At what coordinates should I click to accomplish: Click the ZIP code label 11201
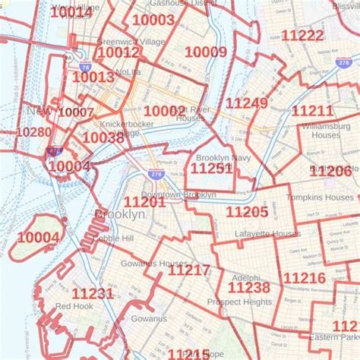[144, 201]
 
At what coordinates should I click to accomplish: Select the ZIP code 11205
[247, 212]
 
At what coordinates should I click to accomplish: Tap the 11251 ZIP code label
[211, 169]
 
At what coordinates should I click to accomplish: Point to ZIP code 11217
[189, 270]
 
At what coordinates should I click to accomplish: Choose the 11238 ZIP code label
[248, 287]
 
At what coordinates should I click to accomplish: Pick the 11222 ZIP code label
[302, 35]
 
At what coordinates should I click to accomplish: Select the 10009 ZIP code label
[206, 52]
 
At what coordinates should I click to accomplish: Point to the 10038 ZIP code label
[103, 137]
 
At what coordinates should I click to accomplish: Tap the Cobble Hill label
[114, 238]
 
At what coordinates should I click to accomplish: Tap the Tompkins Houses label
[318, 197]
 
